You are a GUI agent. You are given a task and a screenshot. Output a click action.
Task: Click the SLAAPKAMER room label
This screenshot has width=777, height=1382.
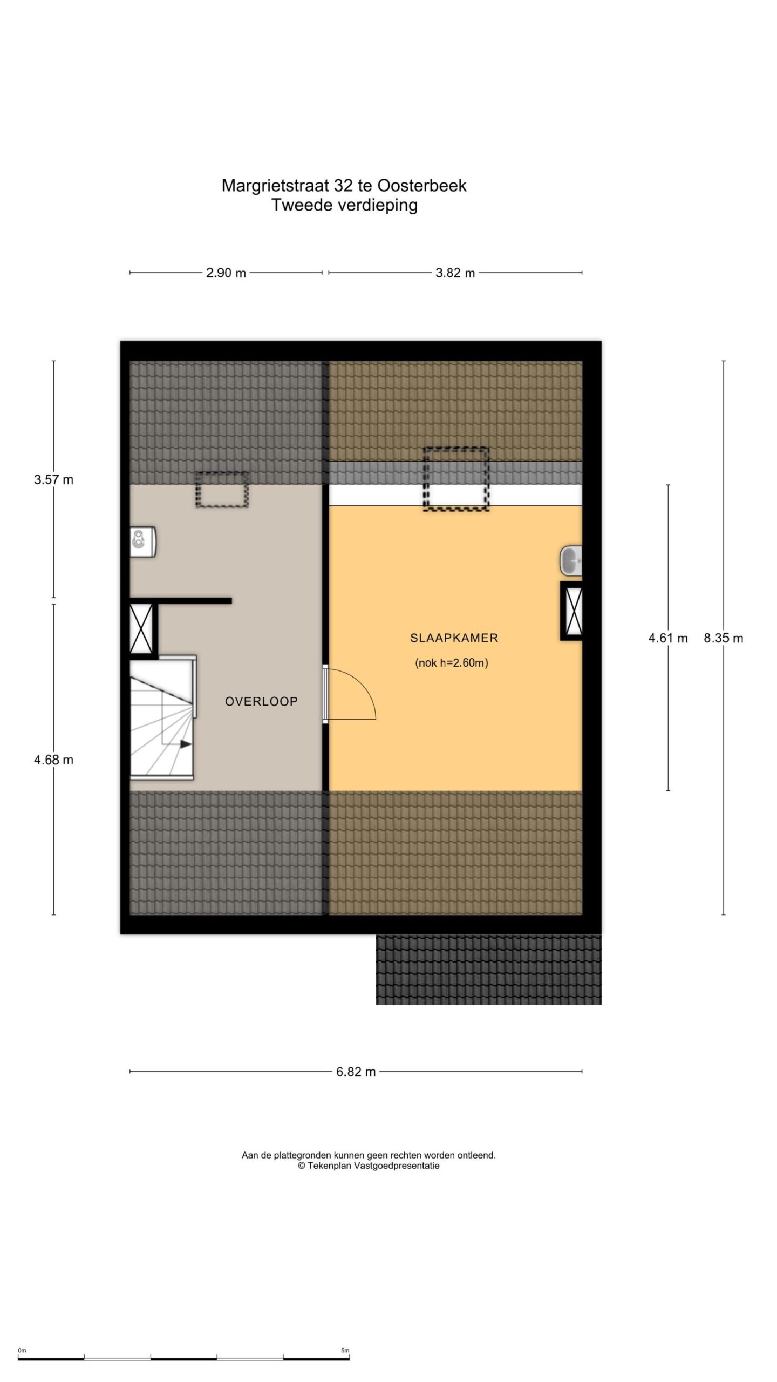pyautogui.click(x=454, y=638)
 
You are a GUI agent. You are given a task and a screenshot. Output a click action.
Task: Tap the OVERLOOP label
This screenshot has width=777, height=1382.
pyautogui.click(x=261, y=701)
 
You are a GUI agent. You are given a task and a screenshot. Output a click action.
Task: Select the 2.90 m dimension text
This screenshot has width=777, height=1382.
pyautogui.click(x=226, y=273)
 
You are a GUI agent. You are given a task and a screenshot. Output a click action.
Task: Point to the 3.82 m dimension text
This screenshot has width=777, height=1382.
pyautogui.click(x=455, y=273)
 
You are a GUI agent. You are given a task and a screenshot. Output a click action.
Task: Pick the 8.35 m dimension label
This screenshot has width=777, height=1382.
pyautogui.click(x=723, y=638)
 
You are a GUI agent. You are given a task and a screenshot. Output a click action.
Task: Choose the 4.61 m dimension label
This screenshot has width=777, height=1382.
pyautogui.click(x=668, y=638)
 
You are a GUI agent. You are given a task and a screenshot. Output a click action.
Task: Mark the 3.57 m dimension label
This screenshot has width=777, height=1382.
pyautogui.click(x=53, y=479)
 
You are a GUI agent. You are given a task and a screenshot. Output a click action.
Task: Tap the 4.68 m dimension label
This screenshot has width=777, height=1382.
pyautogui.click(x=53, y=760)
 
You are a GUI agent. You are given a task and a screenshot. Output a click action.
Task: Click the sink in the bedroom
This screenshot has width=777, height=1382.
pyautogui.click(x=571, y=561)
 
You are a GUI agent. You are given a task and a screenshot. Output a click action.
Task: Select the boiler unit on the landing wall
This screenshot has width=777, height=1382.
pyautogui.click(x=143, y=541)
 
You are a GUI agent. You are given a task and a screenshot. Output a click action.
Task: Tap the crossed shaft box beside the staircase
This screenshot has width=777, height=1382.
pyautogui.click(x=141, y=628)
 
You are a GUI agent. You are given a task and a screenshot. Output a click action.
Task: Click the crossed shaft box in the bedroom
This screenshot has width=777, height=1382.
pyautogui.click(x=572, y=611)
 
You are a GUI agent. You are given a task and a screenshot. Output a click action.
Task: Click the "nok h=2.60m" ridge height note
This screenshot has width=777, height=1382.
pyautogui.click(x=452, y=663)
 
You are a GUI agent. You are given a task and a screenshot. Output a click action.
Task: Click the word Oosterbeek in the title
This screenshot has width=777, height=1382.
pyautogui.click(x=421, y=186)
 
